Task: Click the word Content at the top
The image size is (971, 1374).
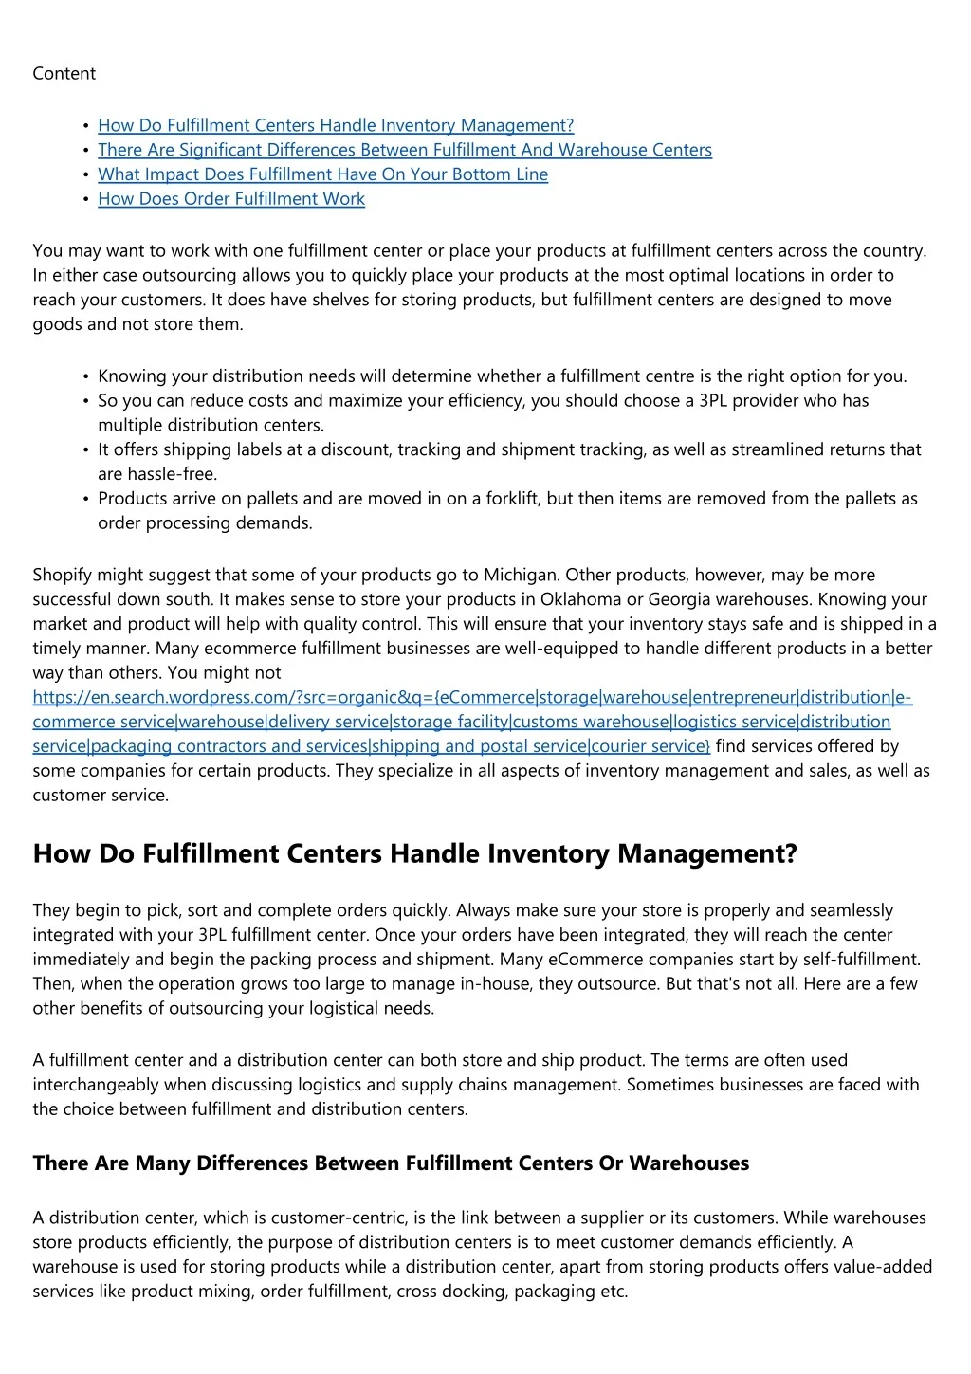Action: click(64, 74)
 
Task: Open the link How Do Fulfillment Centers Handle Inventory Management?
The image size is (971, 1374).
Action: click(336, 125)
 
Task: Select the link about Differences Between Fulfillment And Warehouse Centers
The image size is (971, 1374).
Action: click(405, 150)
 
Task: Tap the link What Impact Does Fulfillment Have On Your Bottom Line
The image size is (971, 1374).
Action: click(322, 174)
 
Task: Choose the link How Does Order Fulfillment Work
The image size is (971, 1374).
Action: click(231, 199)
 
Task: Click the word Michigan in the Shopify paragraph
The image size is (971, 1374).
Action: click(521, 575)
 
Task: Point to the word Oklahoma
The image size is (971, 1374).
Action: click(579, 599)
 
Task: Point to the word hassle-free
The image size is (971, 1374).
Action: click(157, 474)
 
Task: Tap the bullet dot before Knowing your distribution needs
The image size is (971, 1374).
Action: click(86, 376)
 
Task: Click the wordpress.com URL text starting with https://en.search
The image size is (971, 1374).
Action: click(284, 698)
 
